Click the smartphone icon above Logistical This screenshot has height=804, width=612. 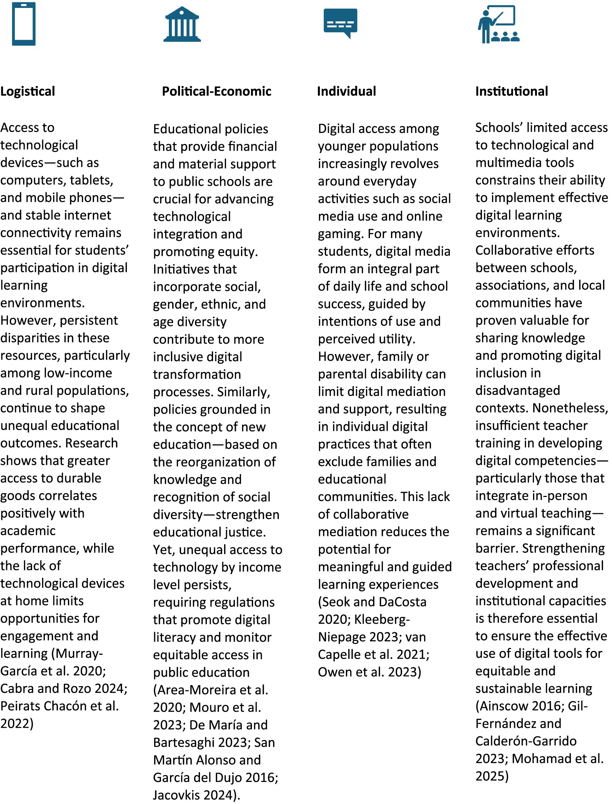(x=24, y=24)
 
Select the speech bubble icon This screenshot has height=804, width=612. (x=340, y=23)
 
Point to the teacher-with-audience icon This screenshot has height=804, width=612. (x=498, y=24)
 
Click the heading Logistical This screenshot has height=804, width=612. (x=28, y=91)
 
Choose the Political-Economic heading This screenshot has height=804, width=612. (x=217, y=91)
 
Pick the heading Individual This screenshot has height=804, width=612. (x=347, y=91)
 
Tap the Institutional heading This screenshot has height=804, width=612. (x=511, y=91)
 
